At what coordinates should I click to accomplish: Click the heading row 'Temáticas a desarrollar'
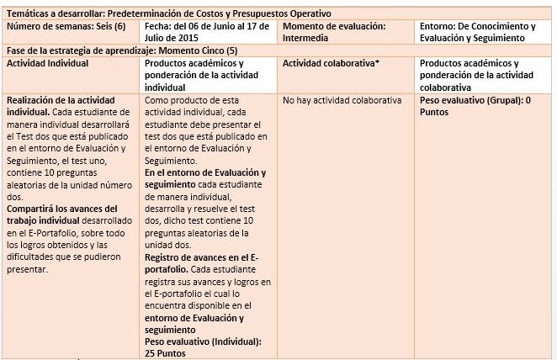click(168, 13)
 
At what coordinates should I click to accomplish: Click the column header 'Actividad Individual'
click(46, 63)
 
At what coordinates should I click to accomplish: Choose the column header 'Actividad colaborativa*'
click(327, 63)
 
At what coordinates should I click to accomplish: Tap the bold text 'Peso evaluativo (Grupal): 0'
click(474, 101)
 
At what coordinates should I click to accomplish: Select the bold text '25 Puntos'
click(165, 353)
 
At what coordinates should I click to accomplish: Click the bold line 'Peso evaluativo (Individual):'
click(203, 341)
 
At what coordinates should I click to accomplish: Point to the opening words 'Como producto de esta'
click(191, 101)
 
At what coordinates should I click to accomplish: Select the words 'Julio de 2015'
click(172, 38)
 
